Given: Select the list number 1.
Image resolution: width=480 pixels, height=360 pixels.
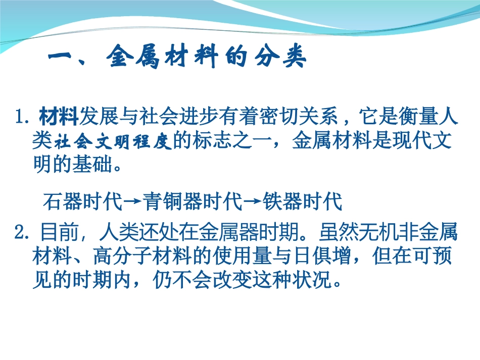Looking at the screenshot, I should pyautogui.click(x=22, y=119).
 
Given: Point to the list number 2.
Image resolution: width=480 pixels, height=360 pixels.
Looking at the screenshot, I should pyautogui.click(x=22, y=234).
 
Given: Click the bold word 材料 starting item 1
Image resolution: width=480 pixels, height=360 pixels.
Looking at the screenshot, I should pyautogui.click(x=59, y=119).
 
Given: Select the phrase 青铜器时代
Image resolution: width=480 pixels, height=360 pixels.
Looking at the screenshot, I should pyautogui.click(x=193, y=202).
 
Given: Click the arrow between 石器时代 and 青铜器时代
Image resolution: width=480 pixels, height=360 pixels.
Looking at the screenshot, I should pyautogui.click(x=132, y=202).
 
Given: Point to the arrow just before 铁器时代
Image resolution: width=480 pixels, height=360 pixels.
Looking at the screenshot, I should pyautogui.click(x=252, y=202).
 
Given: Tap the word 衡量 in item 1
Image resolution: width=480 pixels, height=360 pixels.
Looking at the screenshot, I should pyautogui.click(x=420, y=119).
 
